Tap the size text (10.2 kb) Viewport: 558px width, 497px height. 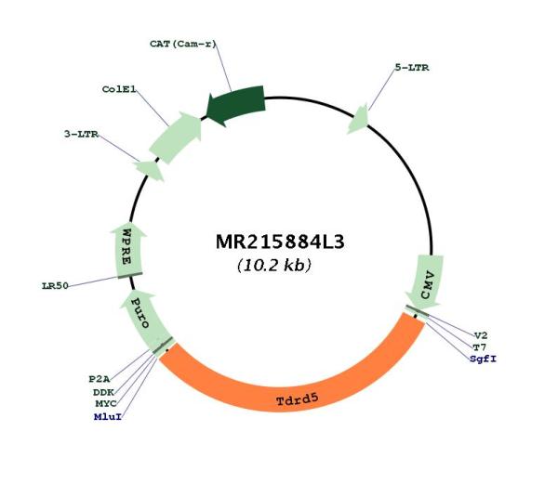[x=273, y=266]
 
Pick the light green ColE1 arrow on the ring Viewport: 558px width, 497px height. [x=176, y=137]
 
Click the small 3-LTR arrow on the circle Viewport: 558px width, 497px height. [x=148, y=169]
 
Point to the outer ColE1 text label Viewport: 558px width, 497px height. [x=120, y=89]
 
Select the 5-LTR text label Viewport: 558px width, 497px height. [x=411, y=67]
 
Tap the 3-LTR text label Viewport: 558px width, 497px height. [x=82, y=134]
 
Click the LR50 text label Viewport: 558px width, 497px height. [x=55, y=286]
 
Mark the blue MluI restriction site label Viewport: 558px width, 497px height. [x=105, y=417]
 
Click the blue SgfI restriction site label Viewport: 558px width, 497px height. [x=483, y=358]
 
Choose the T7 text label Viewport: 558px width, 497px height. [x=479, y=346]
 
